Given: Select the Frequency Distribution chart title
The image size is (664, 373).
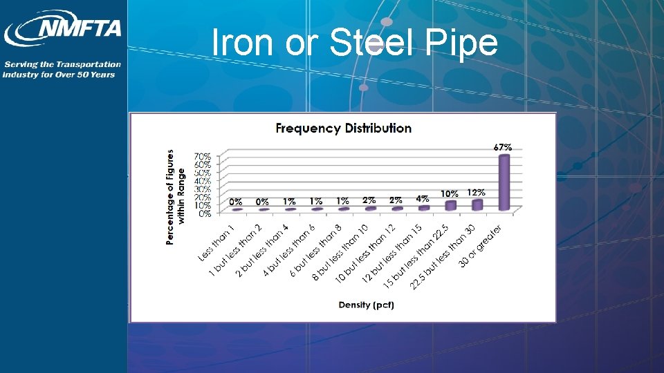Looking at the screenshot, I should (x=344, y=128).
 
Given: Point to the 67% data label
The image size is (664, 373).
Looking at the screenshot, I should (x=503, y=147).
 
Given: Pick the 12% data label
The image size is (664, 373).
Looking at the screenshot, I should (x=477, y=193).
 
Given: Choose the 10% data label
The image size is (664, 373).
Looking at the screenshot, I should (x=450, y=195).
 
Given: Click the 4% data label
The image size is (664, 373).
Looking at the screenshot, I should (x=423, y=198).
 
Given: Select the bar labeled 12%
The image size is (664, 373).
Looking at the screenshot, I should (x=477, y=204).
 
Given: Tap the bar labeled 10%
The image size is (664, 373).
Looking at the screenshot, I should (x=451, y=205).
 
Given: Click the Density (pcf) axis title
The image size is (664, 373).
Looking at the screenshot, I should (x=367, y=305).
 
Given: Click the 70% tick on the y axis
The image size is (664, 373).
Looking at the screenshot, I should (x=203, y=156).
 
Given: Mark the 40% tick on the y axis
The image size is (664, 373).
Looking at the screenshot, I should (x=203, y=181).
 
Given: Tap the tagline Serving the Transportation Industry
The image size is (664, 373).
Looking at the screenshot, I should (x=62, y=69).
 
